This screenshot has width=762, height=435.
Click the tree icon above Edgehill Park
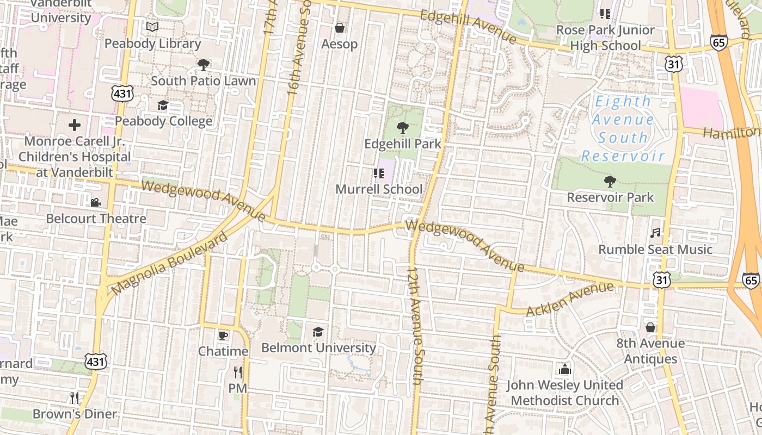click(402, 128)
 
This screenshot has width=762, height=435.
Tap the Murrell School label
click(379, 189)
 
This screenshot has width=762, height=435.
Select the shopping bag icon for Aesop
click(340, 28)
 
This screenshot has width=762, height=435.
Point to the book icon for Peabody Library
click(152, 27)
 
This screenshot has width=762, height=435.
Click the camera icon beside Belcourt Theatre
click(95, 202)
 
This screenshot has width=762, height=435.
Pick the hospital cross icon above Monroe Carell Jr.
click(75, 125)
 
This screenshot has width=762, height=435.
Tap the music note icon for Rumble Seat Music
click(655, 233)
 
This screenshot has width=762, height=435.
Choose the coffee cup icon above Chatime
click(223, 335)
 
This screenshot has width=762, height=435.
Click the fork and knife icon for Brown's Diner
click(75, 397)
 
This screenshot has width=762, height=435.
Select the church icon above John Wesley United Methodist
click(565, 369)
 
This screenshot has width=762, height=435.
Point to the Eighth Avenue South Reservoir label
click(623, 129)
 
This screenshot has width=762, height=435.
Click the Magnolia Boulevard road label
click(170, 264)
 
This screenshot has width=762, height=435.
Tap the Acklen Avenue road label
click(570, 299)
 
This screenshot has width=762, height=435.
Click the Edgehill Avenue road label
click(469, 26)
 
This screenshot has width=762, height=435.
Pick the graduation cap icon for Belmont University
click(318, 332)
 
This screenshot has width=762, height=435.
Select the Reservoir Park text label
click(610, 197)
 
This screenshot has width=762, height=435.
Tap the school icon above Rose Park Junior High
click(605, 14)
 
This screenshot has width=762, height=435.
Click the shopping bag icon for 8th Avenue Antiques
click(650, 327)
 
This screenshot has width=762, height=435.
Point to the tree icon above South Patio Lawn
click(204, 65)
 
